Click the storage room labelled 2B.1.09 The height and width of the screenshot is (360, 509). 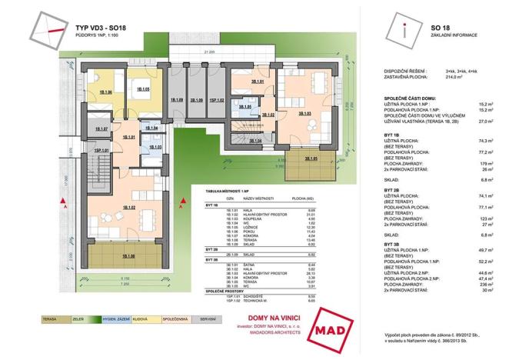pos(197,100)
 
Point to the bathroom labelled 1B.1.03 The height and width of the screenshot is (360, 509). pos(156,145)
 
